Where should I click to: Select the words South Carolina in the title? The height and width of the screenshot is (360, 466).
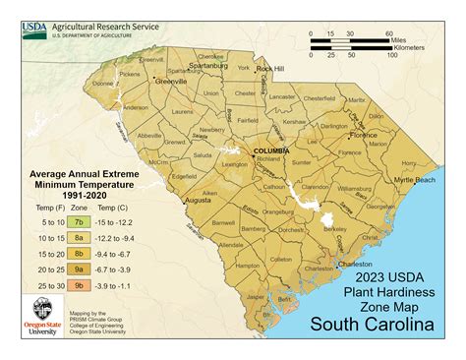[x=376, y=323]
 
